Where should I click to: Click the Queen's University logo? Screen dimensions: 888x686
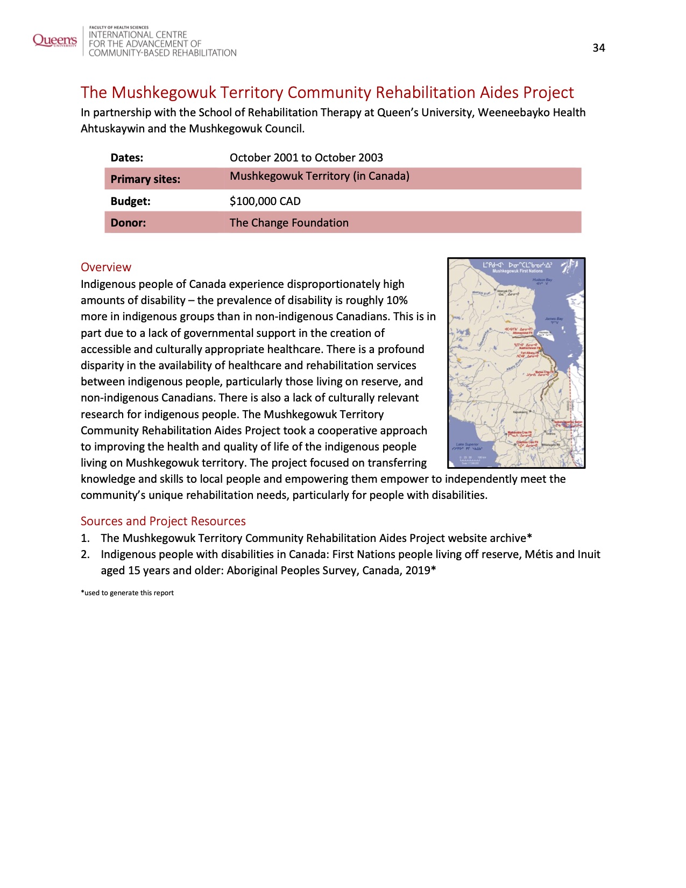pyautogui.click(x=55, y=40)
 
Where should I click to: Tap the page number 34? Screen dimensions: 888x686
pyautogui.click(x=599, y=48)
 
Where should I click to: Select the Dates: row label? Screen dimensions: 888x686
pyautogui.click(x=127, y=158)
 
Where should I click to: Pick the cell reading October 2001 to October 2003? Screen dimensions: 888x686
pyautogui.click(x=306, y=158)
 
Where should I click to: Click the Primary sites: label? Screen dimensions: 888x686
pyautogui.click(x=145, y=179)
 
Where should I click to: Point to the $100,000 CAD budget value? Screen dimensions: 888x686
pyautogui.click(x=265, y=201)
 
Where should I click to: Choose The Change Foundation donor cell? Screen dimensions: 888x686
pyautogui.click(x=289, y=223)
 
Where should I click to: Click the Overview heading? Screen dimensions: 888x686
pyautogui.click(x=106, y=267)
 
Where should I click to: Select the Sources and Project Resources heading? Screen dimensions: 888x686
pyautogui.click(x=163, y=521)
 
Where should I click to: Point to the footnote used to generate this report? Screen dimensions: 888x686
pyautogui.click(x=128, y=593)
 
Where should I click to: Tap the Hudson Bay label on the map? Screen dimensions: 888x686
pyautogui.click(x=542, y=280)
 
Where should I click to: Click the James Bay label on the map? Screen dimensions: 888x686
pyautogui.click(x=554, y=319)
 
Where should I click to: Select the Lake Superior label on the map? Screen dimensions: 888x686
pyautogui.click(x=467, y=445)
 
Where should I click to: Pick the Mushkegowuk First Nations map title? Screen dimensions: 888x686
pyautogui.click(x=517, y=271)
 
